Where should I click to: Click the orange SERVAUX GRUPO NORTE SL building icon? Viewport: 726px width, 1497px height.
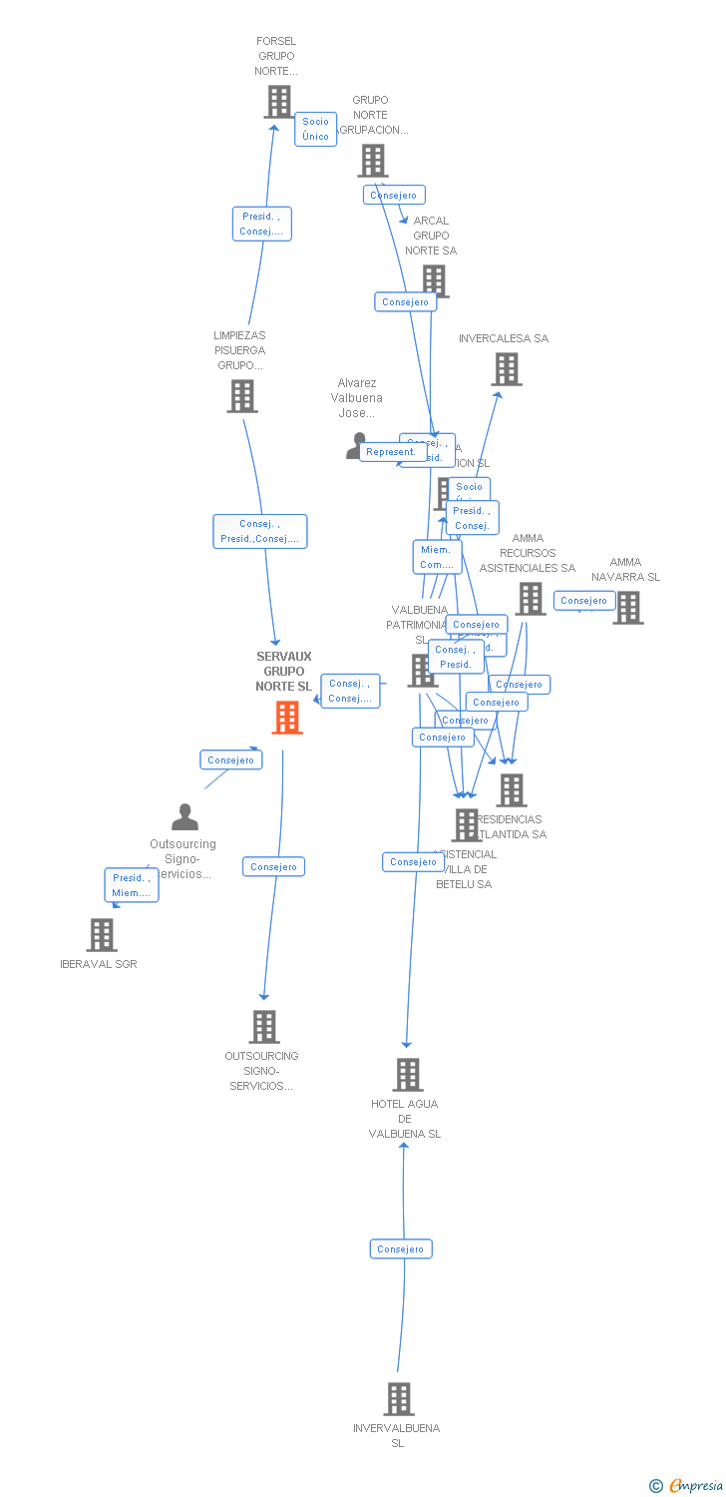[287, 717]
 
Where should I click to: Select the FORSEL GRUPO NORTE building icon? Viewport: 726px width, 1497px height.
[278, 102]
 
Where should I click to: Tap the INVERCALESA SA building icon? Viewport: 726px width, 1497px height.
[506, 369]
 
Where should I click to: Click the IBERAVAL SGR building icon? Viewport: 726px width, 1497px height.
[101, 935]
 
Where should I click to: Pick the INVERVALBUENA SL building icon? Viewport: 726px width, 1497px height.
[398, 1399]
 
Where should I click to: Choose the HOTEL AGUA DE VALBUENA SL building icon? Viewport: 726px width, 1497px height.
[408, 1075]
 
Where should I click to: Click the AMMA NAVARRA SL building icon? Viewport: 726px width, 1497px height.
[627, 607]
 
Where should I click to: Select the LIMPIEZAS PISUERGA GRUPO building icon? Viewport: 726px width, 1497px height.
[242, 396]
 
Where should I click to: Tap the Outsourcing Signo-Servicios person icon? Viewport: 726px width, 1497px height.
[184, 817]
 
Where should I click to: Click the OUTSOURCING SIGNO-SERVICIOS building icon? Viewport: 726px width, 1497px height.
[263, 1026]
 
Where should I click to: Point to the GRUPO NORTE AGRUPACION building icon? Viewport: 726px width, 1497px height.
[373, 161]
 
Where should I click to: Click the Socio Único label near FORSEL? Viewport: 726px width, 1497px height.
[315, 129]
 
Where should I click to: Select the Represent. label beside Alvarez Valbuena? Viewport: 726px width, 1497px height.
[391, 452]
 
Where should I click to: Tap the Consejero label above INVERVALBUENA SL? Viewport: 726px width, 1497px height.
[401, 1248]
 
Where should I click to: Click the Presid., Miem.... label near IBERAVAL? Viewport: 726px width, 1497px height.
[132, 885]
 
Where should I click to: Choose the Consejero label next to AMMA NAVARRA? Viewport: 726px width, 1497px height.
[584, 601]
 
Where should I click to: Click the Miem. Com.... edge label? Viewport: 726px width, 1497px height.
[437, 557]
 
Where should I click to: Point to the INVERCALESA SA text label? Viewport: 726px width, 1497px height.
[504, 338]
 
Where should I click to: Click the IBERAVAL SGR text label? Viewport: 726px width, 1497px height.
[99, 964]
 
